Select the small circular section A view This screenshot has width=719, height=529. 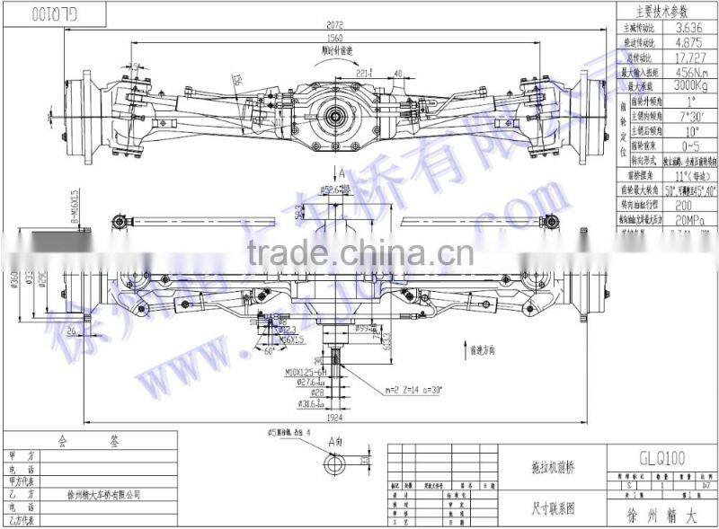click(x=338, y=465)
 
